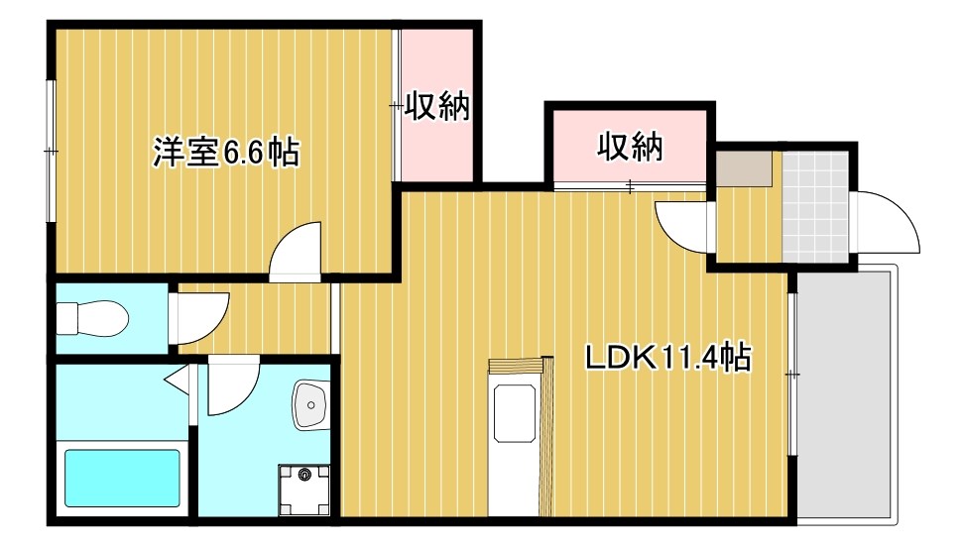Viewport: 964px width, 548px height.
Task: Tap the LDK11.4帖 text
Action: [x=665, y=357]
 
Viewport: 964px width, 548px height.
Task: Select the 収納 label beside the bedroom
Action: [x=435, y=105]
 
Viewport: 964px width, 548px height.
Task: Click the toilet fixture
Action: [x=92, y=319]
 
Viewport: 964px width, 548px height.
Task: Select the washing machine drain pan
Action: [x=305, y=490]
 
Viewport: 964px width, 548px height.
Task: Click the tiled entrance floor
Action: [x=815, y=204]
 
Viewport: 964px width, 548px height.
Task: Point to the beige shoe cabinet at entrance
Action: [x=744, y=169]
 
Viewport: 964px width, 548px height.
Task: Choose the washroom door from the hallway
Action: [x=233, y=386]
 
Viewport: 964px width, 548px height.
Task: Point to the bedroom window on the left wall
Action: [x=51, y=151]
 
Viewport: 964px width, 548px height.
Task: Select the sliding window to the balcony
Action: [x=792, y=375]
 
